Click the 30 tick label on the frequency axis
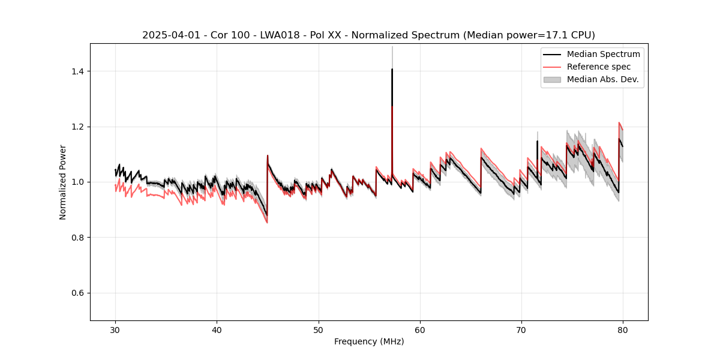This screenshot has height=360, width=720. tap(115, 329)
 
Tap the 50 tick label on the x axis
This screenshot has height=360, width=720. tap(319, 329)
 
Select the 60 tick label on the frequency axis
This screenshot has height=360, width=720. tap(420, 329)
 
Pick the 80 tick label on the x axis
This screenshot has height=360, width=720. tap(623, 329)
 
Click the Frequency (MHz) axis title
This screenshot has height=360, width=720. tap(369, 341)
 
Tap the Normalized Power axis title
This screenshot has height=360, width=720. tap(63, 182)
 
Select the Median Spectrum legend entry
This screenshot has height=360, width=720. tap(603, 54)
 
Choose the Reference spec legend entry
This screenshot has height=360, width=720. tap(600, 67)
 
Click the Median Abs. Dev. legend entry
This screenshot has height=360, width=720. tap(603, 79)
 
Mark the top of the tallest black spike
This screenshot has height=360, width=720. tap(392, 69)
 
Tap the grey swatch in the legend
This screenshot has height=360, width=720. tap(552, 79)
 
